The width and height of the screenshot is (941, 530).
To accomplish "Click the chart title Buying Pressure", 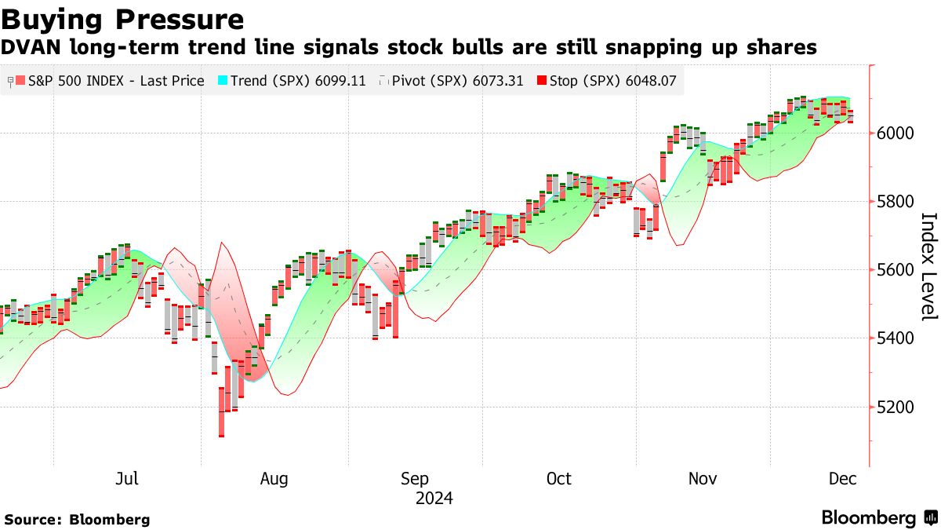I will [122, 19].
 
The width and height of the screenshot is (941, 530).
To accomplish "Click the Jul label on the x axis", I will [126, 479].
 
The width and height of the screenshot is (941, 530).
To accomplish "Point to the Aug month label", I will [274, 479].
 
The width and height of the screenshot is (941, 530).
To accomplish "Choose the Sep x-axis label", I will [414, 479].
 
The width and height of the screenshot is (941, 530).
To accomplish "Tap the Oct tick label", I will [559, 479].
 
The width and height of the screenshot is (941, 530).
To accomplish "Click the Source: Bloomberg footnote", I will [77, 520].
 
